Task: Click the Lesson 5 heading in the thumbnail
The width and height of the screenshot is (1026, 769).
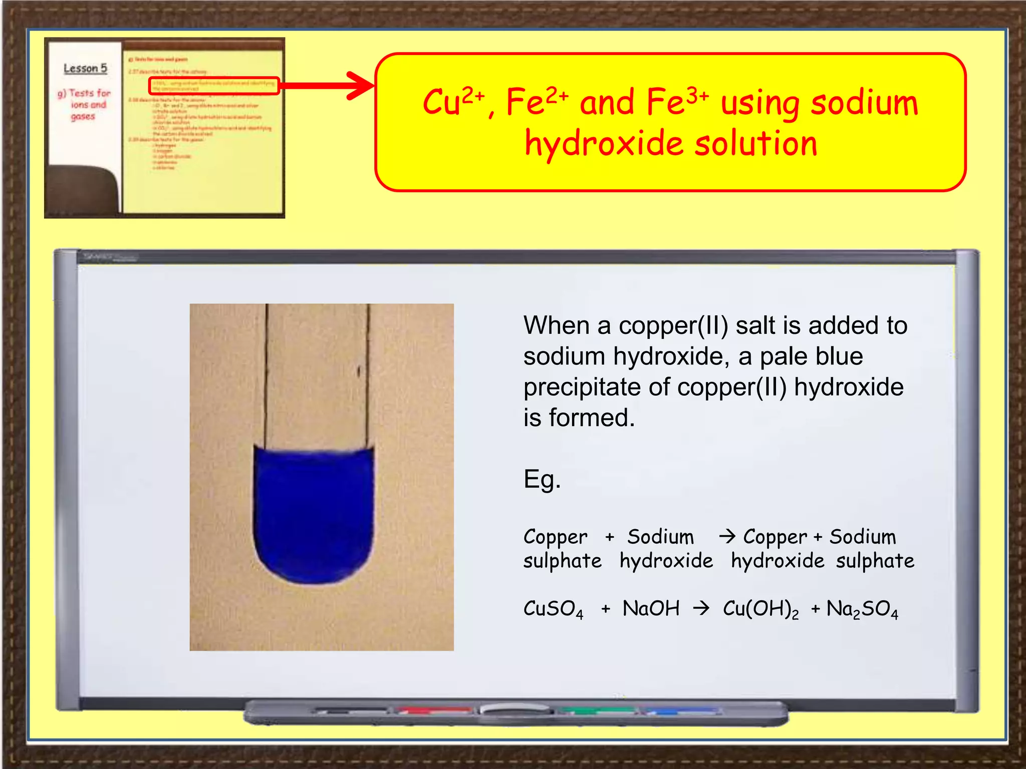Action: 85,69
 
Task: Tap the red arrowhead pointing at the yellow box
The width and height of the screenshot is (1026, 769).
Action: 360,86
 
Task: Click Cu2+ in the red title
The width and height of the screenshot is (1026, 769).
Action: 453,102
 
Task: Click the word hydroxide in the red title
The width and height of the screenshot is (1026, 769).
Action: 604,144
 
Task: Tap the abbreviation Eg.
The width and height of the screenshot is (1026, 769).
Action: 542,480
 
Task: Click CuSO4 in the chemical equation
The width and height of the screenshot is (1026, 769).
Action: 553,609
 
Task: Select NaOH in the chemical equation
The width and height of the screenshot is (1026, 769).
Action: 651,609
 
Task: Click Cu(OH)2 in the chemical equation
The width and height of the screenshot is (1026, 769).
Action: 760,609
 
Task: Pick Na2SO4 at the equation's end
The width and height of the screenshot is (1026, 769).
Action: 862,609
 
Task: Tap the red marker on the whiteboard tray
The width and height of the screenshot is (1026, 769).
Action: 434,710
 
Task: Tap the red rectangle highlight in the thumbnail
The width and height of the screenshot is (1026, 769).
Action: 214,86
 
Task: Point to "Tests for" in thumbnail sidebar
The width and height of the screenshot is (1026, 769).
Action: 89,93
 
